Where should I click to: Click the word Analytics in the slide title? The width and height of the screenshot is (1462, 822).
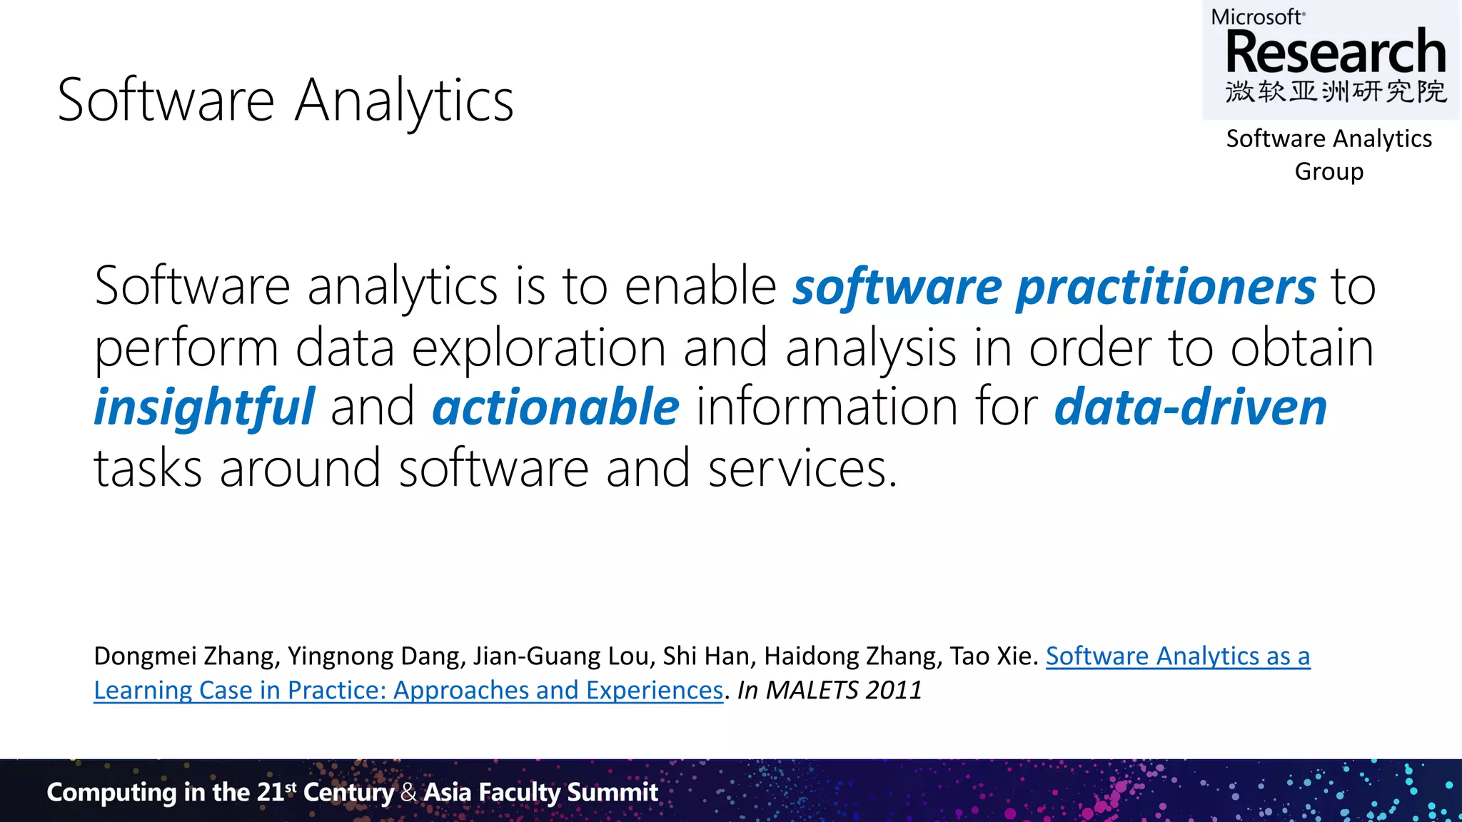404,101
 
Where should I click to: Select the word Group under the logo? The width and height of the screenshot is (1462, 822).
1329,172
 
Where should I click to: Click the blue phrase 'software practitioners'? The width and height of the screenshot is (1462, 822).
1054,287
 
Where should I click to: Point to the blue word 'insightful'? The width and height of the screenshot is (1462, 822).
204,407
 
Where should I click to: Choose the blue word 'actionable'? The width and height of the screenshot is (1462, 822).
555,407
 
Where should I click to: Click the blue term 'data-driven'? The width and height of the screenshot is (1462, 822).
1190,407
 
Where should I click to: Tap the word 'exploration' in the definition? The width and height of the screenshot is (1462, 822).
539,348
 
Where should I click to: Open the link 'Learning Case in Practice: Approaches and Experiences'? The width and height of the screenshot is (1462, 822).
408,690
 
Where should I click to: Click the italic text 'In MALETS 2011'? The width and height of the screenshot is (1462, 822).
830,690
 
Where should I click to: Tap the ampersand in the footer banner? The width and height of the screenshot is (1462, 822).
408,792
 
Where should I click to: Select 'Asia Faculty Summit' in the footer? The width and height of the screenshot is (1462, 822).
540,792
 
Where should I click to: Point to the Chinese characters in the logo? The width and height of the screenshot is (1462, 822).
1336,92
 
